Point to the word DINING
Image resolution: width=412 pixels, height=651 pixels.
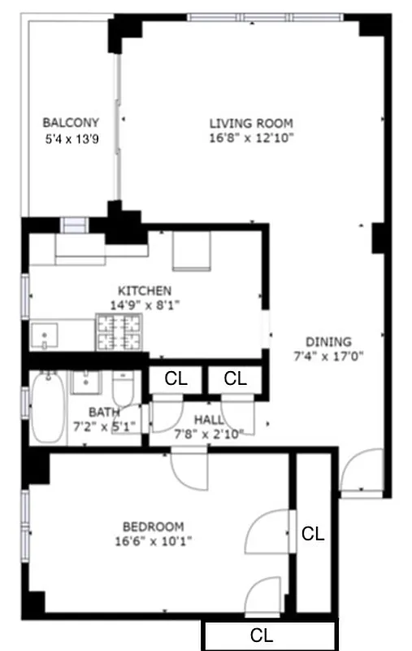point(328,342)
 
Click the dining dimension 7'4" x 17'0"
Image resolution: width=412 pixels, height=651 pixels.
point(328,356)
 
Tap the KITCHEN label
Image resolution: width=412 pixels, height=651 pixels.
point(145,291)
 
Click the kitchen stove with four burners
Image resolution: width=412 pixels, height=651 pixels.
point(119,332)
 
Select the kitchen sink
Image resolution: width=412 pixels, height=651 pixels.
point(45,334)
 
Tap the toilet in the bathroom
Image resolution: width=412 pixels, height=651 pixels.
point(123,391)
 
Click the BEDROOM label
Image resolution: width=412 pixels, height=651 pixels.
point(153,526)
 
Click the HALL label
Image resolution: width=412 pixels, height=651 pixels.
point(209,418)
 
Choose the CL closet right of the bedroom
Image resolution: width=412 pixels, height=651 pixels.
point(313,534)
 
